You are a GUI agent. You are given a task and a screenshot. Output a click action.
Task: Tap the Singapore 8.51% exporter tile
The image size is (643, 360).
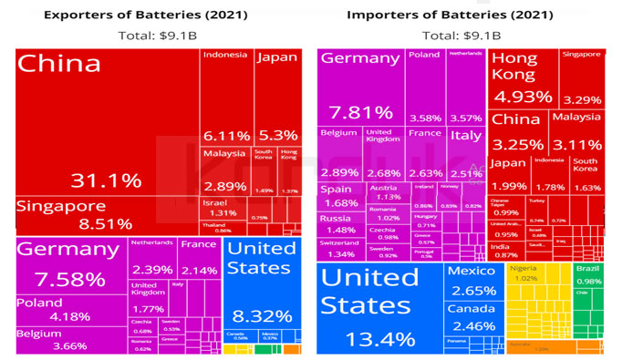(x=108, y=215)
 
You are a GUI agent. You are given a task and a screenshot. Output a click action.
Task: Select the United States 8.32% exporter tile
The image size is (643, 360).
(x=260, y=287)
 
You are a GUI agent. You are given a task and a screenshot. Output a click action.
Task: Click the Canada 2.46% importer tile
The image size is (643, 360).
(x=471, y=318)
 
